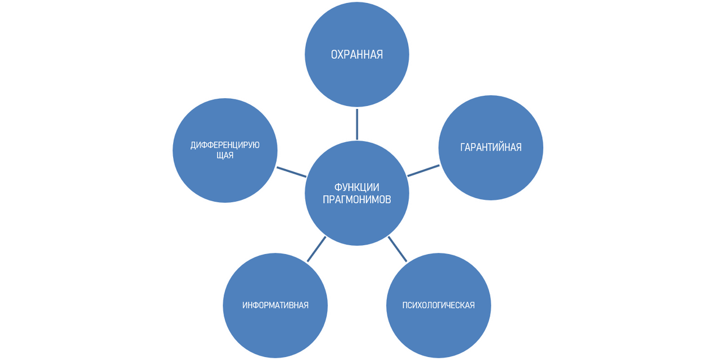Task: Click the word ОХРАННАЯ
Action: tap(356, 55)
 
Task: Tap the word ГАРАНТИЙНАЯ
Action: tap(491, 147)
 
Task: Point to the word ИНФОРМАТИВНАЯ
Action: tap(275, 305)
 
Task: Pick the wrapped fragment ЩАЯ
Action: tap(225, 155)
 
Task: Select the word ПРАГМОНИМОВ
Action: tap(357, 200)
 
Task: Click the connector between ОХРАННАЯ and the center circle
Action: tap(356, 124)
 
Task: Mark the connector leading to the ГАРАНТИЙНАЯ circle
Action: tap(424, 171)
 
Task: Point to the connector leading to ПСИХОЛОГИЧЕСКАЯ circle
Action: tap(397, 250)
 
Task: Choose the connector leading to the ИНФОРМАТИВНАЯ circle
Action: tap(316, 249)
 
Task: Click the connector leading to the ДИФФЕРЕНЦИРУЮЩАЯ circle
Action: tap(291, 171)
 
